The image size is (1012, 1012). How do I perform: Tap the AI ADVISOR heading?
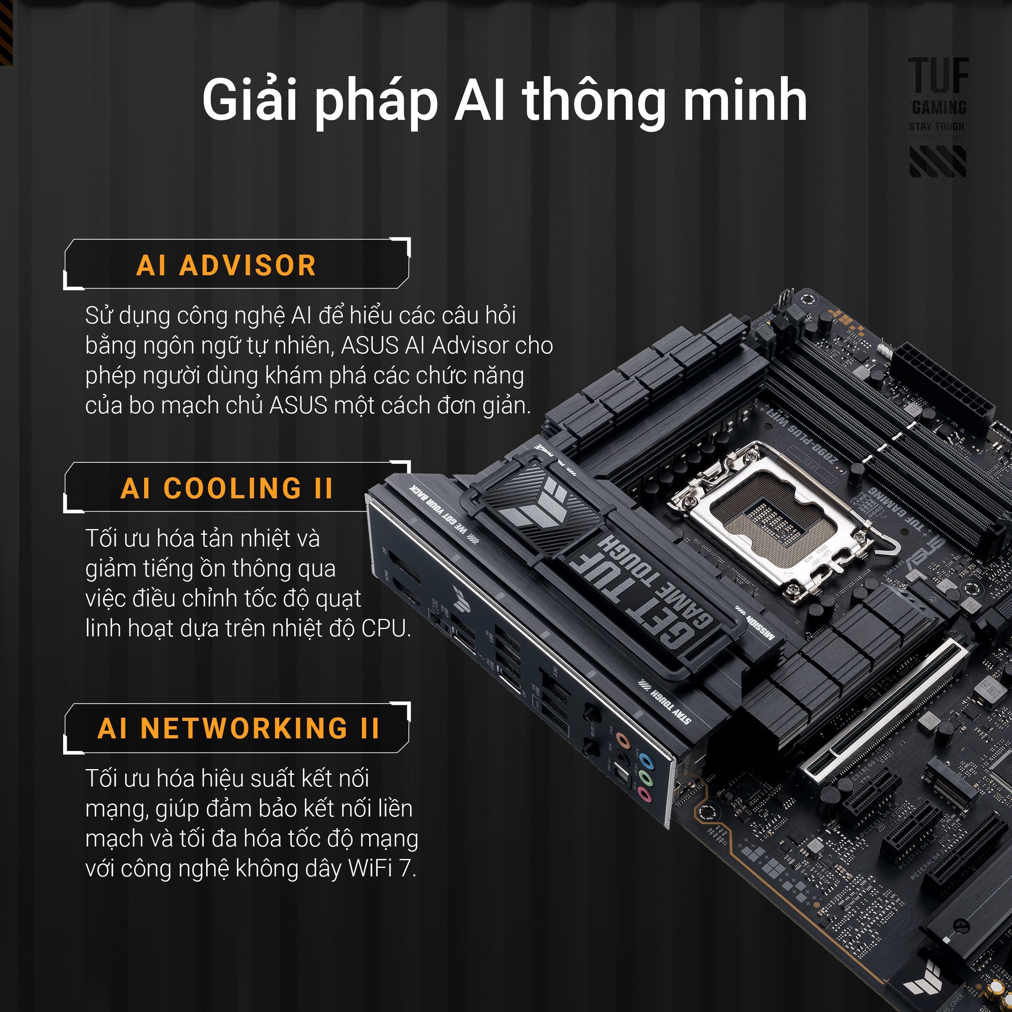point(226,266)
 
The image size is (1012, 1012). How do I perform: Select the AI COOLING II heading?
point(226,488)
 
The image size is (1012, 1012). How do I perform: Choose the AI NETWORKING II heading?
point(238,728)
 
